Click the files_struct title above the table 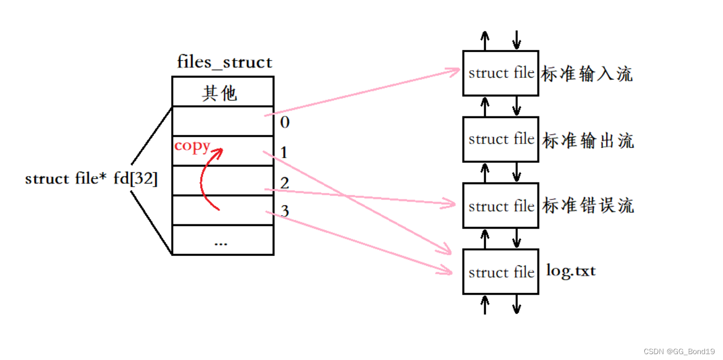(x=224, y=62)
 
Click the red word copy (x=192, y=146)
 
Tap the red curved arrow (x=207, y=178)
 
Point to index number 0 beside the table (x=285, y=122)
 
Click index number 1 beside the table (x=284, y=153)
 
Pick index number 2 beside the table (x=285, y=183)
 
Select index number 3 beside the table (x=285, y=212)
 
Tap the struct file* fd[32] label (x=91, y=179)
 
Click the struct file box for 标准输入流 (x=500, y=73)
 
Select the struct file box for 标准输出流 (x=500, y=139)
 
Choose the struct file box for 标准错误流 (x=500, y=206)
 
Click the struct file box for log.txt (x=500, y=272)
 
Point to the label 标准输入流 (x=587, y=74)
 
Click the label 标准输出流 (x=588, y=141)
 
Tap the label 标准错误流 (x=588, y=205)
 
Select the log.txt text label (x=571, y=271)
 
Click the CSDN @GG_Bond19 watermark (x=679, y=351)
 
